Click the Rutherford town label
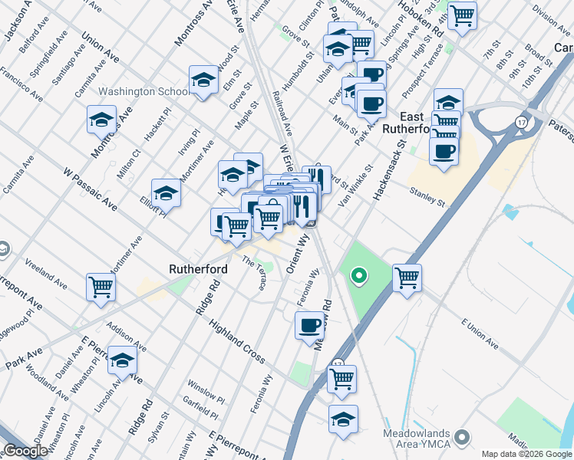198,270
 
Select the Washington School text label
144,92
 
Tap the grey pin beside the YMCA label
461,437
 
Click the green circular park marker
358,274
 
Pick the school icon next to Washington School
203,80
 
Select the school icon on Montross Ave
101,120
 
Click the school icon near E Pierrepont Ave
122,360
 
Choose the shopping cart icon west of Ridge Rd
101,287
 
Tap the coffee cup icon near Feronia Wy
309,325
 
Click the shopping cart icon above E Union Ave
407,277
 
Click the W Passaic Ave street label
90,191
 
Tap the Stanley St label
427,196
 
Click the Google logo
25,452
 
